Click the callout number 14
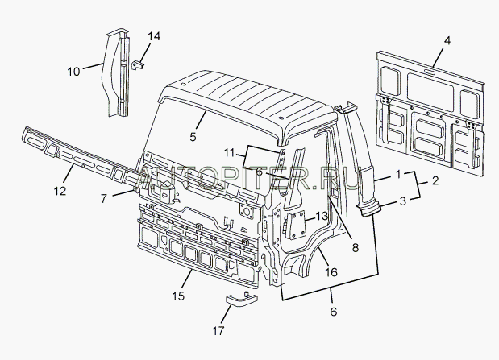pos(154,36)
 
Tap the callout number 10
pos(73,72)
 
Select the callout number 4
pos(447,41)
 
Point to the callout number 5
pos(193,137)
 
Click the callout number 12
pos(60,191)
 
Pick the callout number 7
pos(104,199)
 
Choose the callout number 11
pos(229,153)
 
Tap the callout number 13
pos(322,217)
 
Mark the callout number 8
pos(356,247)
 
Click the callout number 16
pos(331,272)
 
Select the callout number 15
pos(178,296)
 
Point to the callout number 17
pos(218,331)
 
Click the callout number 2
pos(435,180)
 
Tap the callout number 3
pos(402,201)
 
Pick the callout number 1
pos(398,174)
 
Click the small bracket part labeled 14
pos(138,65)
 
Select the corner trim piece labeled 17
pos(242,299)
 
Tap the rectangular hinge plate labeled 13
pos(296,225)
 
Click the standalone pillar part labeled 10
pos(116,72)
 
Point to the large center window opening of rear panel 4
pos(430,92)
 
